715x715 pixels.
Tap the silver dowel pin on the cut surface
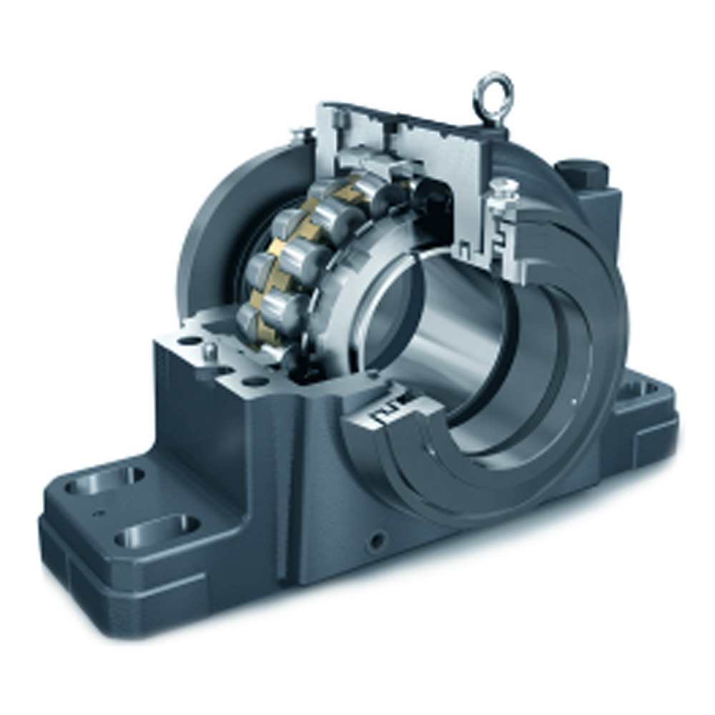click(x=209, y=350)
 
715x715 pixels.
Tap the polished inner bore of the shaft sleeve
click(x=458, y=322)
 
